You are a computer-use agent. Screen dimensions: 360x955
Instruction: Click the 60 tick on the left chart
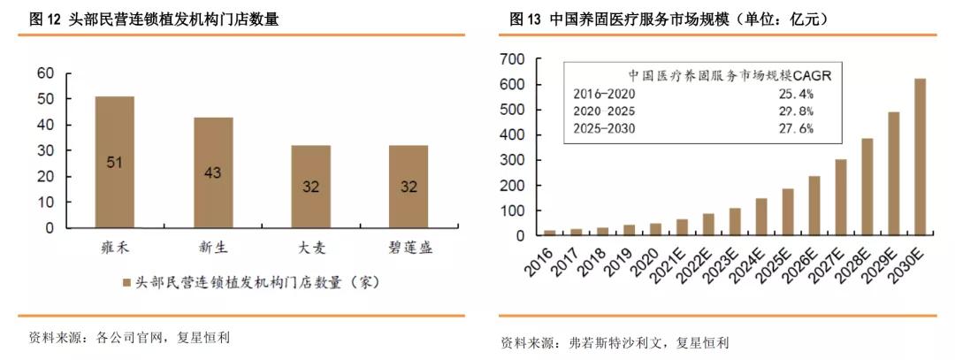pyautogui.click(x=44, y=73)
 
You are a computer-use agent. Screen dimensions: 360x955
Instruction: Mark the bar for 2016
pyautogui.click(x=549, y=233)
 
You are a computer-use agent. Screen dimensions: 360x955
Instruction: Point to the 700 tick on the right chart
pyautogui.click(x=513, y=59)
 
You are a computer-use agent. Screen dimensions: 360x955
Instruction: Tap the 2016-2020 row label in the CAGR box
pyautogui.click(x=605, y=94)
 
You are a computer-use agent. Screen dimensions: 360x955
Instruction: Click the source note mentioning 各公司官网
pyautogui.click(x=129, y=338)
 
